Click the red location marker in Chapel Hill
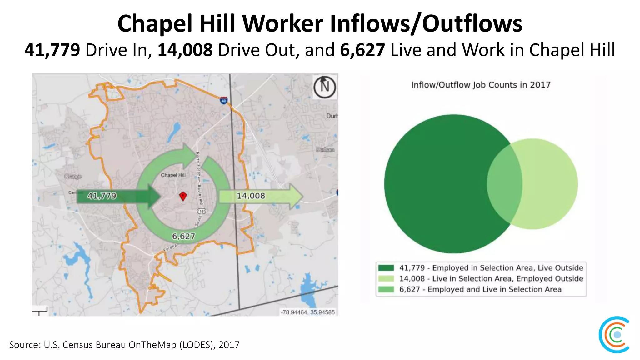point(183,196)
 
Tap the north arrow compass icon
point(325,87)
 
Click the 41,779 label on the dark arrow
point(102,196)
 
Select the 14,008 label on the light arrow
point(251,196)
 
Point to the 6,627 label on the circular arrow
point(183,236)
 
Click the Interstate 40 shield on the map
point(224,101)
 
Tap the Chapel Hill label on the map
point(173,175)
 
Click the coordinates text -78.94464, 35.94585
point(308,312)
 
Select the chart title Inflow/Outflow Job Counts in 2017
point(481,85)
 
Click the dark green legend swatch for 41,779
point(386,268)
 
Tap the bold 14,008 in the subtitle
point(185,50)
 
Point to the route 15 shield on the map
point(202,211)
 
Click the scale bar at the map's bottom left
point(40,311)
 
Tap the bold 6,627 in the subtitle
point(362,50)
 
